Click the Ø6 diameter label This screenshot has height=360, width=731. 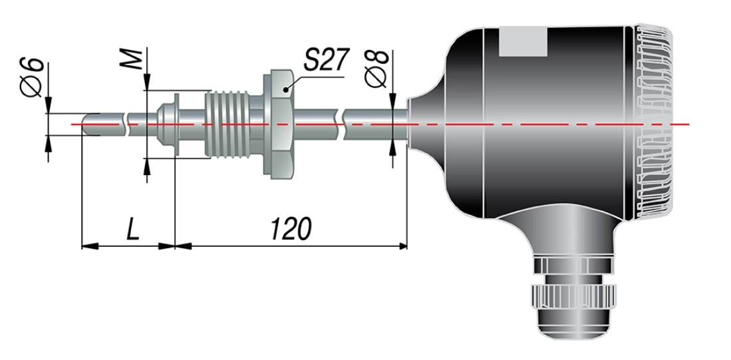(33, 78)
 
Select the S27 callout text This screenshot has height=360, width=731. (326, 60)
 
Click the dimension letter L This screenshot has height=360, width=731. (133, 228)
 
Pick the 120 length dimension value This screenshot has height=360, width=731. (291, 228)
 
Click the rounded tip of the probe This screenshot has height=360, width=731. (86, 125)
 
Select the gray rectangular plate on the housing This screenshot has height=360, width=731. (523, 41)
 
